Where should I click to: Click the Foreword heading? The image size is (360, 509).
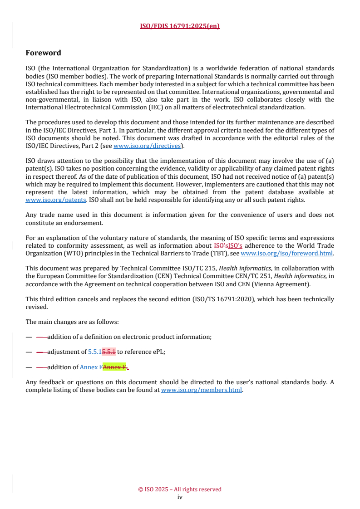[x=43, y=53]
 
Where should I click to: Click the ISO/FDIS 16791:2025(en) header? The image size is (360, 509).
[x=180, y=26]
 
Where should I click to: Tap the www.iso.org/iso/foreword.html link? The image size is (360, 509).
[x=286, y=254]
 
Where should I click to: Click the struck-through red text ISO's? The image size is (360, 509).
[x=220, y=246]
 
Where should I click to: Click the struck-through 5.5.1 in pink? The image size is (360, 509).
[x=109, y=352]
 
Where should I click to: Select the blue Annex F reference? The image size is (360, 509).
[x=91, y=367]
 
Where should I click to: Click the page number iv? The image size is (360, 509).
[x=180, y=497]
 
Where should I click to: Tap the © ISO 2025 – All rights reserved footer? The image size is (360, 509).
[x=180, y=489]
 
